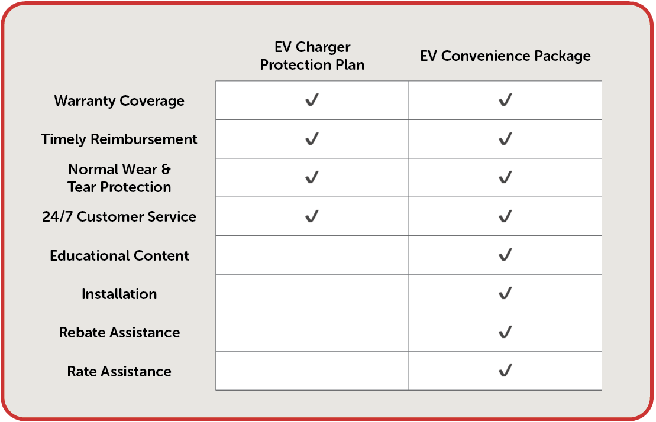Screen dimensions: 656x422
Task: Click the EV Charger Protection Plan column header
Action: [x=312, y=56]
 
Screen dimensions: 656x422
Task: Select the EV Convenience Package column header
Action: [x=505, y=56]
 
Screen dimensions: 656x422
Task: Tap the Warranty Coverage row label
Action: [x=119, y=100]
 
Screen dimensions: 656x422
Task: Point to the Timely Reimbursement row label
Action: [x=119, y=139]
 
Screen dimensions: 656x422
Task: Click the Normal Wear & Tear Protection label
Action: [x=119, y=178]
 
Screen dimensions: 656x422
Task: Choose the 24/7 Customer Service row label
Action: [x=119, y=216]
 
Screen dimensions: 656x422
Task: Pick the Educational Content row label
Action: [x=119, y=255]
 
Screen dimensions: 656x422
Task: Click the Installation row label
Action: [x=119, y=294]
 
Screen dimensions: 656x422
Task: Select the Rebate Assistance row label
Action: [x=119, y=333]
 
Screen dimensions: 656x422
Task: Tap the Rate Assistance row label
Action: [x=119, y=371]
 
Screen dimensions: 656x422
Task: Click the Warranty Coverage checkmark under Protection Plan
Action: [x=312, y=100]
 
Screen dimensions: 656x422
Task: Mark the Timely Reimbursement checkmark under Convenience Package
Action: [x=505, y=139]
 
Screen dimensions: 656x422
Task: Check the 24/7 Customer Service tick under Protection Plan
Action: [x=312, y=216]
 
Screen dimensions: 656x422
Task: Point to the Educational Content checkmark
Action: [x=505, y=255]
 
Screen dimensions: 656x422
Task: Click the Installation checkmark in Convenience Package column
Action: [x=505, y=293]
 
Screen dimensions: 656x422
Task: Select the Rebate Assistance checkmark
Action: [x=505, y=332]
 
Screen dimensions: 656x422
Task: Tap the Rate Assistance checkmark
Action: [x=505, y=371]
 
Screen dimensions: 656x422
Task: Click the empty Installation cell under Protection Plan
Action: [x=312, y=294]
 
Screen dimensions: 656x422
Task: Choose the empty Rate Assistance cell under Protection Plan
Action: [x=312, y=371]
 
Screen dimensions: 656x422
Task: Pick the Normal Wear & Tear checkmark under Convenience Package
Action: [x=505, y=177]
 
